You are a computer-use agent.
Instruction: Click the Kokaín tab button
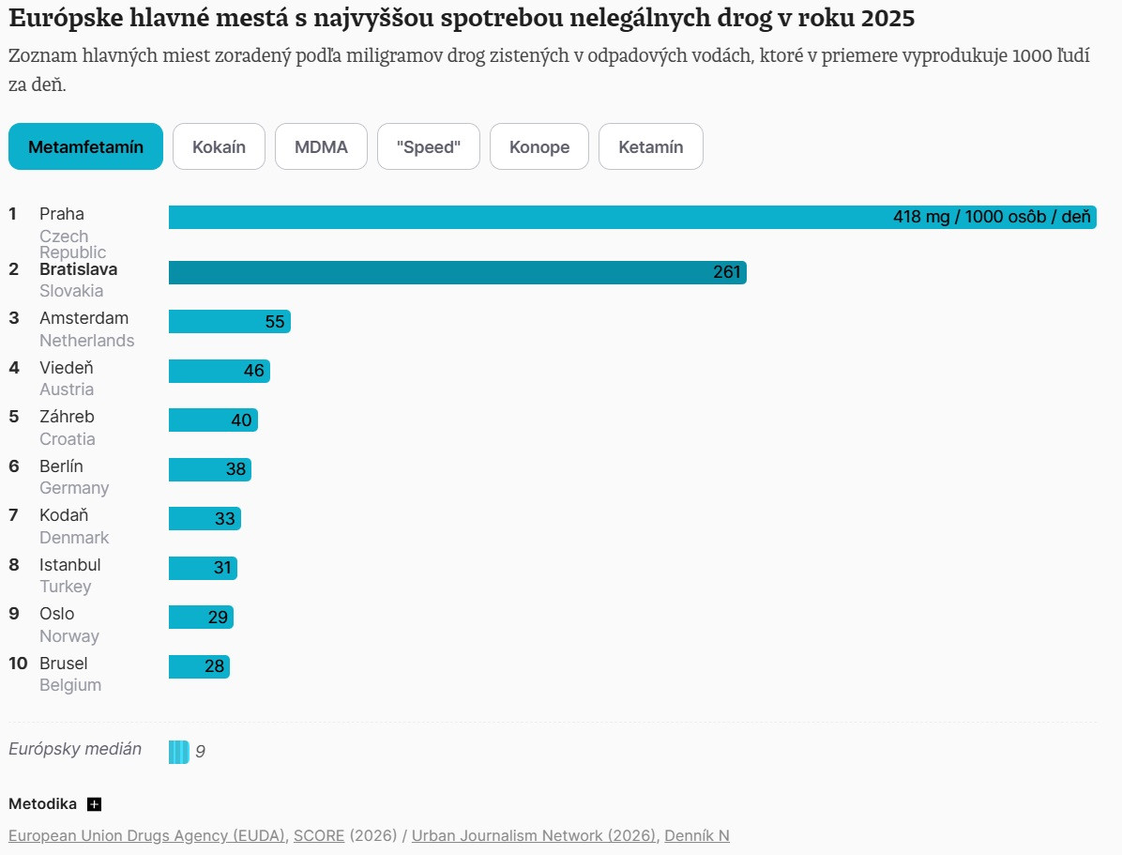219,147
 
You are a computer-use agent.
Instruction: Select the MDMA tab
321,147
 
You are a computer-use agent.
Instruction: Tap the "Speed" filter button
428,147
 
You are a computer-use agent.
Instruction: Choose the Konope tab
539,147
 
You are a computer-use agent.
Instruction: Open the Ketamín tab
650,147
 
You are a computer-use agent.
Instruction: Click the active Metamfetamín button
85,147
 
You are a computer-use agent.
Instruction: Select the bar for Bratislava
457,273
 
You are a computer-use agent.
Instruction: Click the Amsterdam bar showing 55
229,322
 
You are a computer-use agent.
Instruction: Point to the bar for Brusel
199,666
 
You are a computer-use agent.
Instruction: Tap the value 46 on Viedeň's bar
254,371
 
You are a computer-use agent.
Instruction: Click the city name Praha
62,214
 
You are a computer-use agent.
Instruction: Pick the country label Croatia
68,439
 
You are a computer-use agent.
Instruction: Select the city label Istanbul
70,565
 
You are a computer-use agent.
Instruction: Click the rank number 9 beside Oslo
14,614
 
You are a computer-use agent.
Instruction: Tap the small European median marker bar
178,752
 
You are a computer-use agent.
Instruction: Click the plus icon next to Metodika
94,804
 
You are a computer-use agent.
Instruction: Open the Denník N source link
696,835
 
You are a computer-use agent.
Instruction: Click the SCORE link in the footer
319,835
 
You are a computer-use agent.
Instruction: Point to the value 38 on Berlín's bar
235,469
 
